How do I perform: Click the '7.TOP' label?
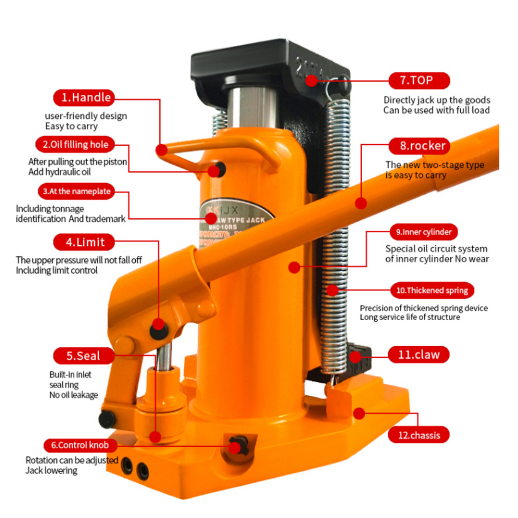coord(419,81)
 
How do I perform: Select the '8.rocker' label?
coord(419,146)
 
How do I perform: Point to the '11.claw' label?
coord(419,354)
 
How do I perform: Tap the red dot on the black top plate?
coord(311,81)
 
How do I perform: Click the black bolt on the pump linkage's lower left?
coord(107,419)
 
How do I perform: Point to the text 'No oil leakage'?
coord(73,395)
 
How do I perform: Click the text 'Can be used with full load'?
coord(436,110)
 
